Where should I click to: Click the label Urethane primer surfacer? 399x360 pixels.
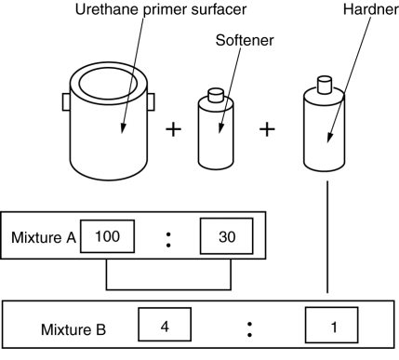pyautogui.click(x=161, y=9)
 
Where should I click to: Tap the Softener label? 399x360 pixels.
pyautogui.click(x=245, y=40)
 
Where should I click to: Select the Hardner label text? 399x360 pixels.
pyautogui.click(x=371, y=9)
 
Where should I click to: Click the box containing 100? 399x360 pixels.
pyautogui.click(x=107, y=236)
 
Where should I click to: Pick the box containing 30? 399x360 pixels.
pyautogui.click(x=227, y=236)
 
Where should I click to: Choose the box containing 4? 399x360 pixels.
pyautogui.click(x=165, y=325)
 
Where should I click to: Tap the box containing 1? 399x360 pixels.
pyautogui.click(x=332, y=325)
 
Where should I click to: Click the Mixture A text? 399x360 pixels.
pyautogui.click(x=44, y=237)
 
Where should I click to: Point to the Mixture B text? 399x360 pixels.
pyautogui.click(x=73, y=329)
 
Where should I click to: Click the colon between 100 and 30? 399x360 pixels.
pyautogui.click(x=168, y=240)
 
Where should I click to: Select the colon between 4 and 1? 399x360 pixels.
pyautogui.click(x=250, y=329)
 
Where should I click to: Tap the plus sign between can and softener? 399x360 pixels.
pyautogui.click(x=174, y=129)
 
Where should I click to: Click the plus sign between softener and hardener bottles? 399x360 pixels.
pyautogui.click(x=267, y=129)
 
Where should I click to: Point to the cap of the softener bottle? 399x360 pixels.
pyautogui.click(x=216, y=95)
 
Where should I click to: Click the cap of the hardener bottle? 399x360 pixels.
pyautogui.click(x=325, y=85)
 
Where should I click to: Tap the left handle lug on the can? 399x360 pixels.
pyautogui.click(x=66, y=102)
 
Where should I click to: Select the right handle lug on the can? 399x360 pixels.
pyautogui.click(x=151, y=102)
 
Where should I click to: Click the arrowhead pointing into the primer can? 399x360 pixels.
pyautogui.click(x=123, y=127)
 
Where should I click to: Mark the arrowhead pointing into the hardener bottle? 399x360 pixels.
pyautogui.click(x=330, y=138)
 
